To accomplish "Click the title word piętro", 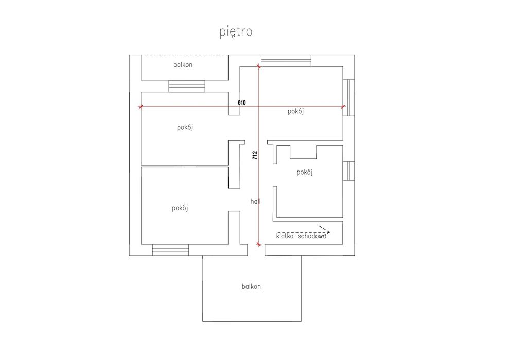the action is [x=236, y=32].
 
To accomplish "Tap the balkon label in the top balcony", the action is [x=183, y=65].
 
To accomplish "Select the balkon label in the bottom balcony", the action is [x=251, y=286].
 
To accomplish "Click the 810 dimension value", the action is [x=242, y=102].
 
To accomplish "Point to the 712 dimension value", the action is [x=255, y=156].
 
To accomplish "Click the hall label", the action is [x=255, y=202].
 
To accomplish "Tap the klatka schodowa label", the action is [x=301, y=236].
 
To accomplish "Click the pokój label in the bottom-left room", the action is [x=180, y=208].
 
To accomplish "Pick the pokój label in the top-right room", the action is [x=296, y=111].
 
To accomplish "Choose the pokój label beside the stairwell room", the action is [x=305, y=172].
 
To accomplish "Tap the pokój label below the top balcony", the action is [x=185, y=127].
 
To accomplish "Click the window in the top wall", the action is [x=286, y=61].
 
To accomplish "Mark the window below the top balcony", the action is [x=187, y=86].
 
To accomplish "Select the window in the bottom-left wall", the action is [x=171, y=250].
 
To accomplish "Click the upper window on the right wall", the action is [x=349, y=98].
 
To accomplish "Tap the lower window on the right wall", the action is [x=349, y=171].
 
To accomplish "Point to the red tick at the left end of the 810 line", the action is [x=141, y=107].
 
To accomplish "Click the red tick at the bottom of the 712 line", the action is [x=259, y=244].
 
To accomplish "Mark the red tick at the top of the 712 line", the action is [x=259, y=66].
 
